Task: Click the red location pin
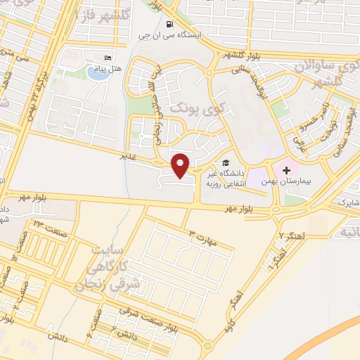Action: coord(181,165)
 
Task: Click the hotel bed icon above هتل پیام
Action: coord(107,58)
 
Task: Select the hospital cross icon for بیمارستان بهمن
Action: coord(287,171)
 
